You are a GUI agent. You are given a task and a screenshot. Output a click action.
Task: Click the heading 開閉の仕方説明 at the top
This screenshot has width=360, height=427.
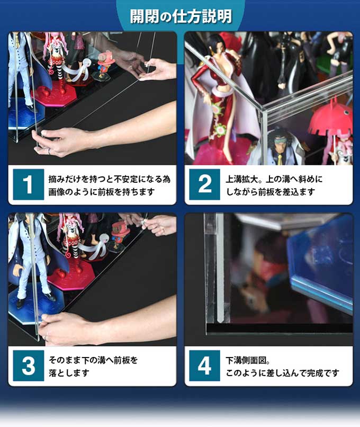click(x=181, y=16)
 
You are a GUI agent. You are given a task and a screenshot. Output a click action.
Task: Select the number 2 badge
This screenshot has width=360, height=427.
click(x=204, y=185)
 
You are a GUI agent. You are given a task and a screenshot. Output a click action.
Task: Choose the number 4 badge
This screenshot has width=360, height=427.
click(x=204, y=366)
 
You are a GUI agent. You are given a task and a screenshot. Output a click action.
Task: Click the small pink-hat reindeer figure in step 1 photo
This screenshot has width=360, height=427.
click(x=105, y=61)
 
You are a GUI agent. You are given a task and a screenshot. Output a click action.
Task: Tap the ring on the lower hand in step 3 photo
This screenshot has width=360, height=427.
click(x=47, y=335)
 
